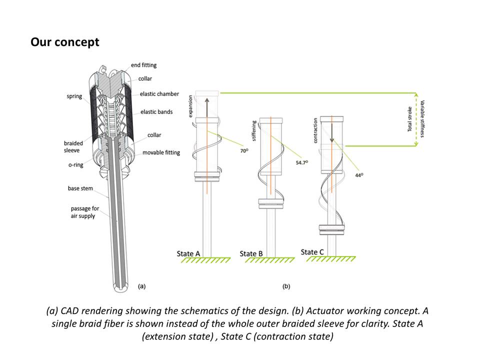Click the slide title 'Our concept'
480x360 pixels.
point(65,42)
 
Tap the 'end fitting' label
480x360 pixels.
point(143,65)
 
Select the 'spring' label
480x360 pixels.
point(74,96)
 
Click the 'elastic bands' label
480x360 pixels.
point(156,112)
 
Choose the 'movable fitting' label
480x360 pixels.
point(161,152)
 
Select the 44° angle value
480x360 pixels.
point(359,175)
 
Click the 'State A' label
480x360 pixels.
point(188,254)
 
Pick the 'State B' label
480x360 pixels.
point(251,254)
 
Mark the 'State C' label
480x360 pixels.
point(312,252)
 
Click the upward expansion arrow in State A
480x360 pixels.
point(206,105)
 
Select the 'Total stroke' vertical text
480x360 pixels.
point(409,119)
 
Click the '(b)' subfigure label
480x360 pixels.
point(286,286)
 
